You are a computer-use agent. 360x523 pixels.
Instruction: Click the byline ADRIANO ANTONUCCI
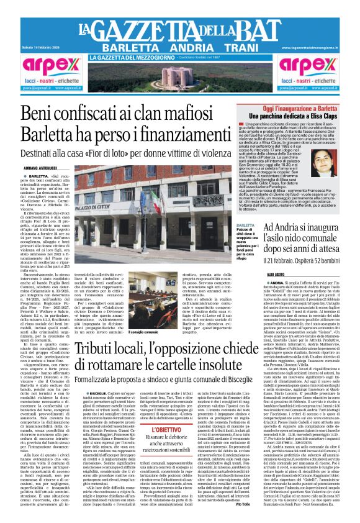point(40,168)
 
